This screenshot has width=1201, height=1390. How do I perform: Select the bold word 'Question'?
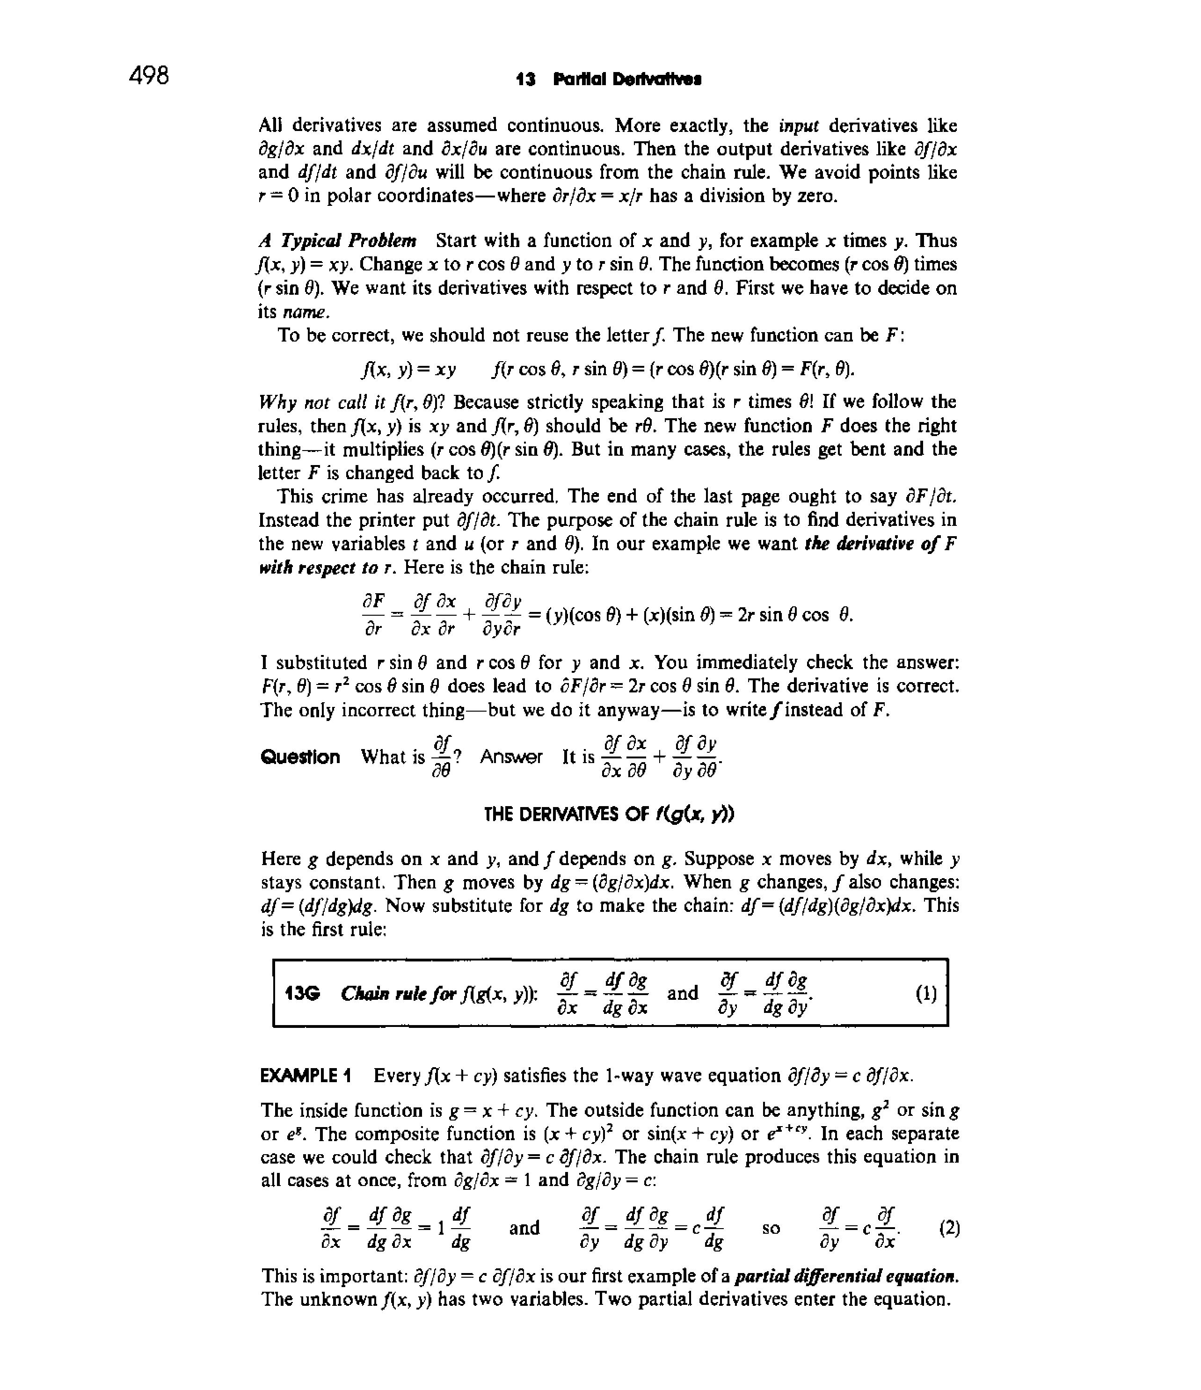click(300, 757)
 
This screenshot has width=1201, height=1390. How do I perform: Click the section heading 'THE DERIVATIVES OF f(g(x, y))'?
click(609, 815)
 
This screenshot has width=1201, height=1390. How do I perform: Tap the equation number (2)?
click(949, 1228)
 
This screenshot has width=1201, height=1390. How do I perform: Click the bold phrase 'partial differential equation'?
click(847, 1276)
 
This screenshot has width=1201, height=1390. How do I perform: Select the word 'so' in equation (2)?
click(771, 1228)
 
